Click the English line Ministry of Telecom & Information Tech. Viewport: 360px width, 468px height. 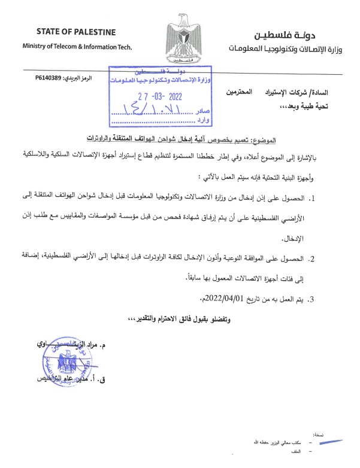[x=76, y=47]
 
